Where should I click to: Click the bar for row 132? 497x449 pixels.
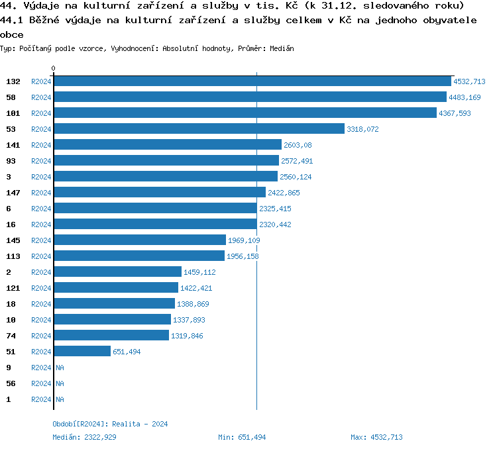[252, 81]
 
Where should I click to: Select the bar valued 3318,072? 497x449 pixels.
[199, 129]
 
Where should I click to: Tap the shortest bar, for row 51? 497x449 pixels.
[82, 352]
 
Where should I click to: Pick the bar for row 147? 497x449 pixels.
[159, 193]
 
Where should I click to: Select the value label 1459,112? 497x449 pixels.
[199, 272]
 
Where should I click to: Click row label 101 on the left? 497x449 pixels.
[13, 113]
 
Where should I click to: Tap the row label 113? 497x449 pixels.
[13, 256]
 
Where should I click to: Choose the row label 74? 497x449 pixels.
[11, 336]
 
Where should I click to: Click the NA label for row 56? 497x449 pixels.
[60, 383]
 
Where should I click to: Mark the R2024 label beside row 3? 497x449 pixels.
[41, 177]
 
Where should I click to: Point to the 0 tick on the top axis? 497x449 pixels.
[54, 68]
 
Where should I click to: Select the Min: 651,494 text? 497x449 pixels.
[242, 437]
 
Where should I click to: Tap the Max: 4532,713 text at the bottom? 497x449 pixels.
[376, 437]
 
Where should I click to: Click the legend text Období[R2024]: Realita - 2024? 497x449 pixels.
[110, 424]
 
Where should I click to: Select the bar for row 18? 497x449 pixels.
[114, 304]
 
